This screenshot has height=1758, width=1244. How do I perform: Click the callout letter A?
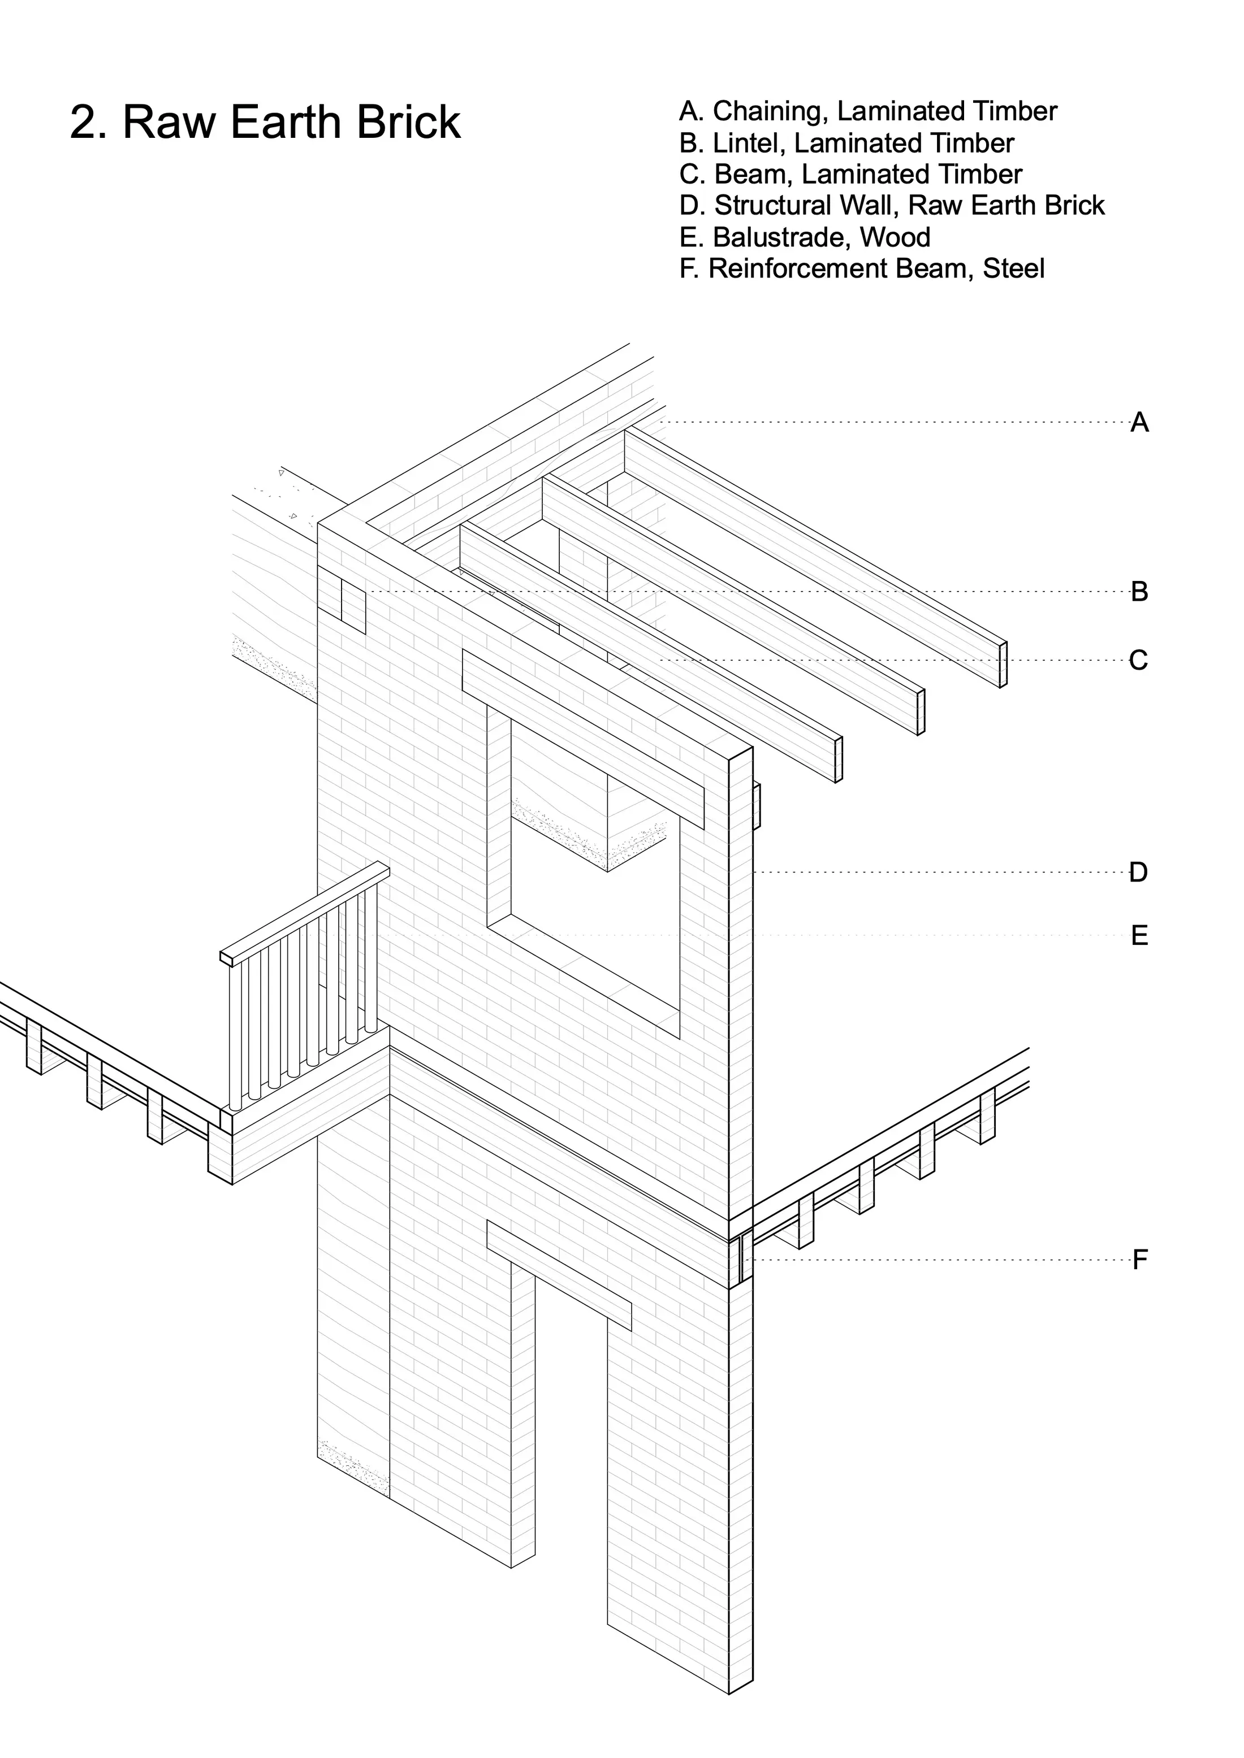tap(1139, 422)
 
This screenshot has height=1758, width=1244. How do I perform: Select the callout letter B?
tap(1139, 592)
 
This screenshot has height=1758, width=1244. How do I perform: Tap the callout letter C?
tap(1138, 660)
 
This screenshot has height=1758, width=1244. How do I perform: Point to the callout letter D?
tap(1138, 872)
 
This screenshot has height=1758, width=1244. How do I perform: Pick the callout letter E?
tap(1139, 936)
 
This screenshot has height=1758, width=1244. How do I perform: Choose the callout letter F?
tap(1140, 1260)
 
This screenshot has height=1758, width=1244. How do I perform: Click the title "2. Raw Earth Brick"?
tap(265, 121)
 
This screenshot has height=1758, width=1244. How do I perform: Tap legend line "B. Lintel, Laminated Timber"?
tap(846, 143)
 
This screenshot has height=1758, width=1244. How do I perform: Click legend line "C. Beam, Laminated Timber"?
tap(850, 175)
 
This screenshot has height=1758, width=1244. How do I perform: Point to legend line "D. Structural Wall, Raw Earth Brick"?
tap(892, 205)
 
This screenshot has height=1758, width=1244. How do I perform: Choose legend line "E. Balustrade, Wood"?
tap(804, 237)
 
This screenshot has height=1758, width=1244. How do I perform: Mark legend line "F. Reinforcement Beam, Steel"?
tap(862, 269)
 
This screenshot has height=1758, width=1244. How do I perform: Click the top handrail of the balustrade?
tap(305, 913)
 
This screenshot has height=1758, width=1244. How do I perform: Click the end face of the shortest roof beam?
tap(838, 759)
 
